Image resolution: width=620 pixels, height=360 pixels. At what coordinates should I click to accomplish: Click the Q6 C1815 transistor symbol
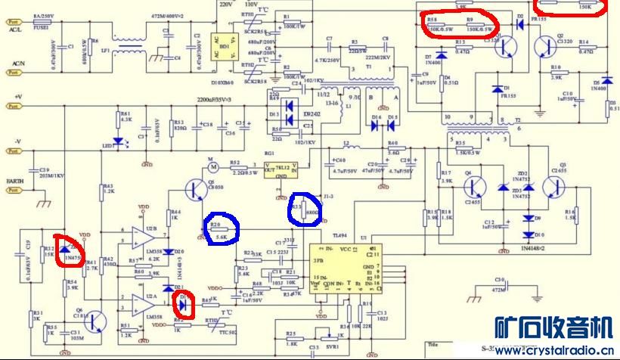pyautogui.click(x=95, y=321)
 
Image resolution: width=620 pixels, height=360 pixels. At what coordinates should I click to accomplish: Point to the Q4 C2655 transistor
pyautogui.click(x=476, y=185)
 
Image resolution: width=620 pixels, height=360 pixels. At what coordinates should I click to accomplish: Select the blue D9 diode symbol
pyautogui.click(x=529, y=219)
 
